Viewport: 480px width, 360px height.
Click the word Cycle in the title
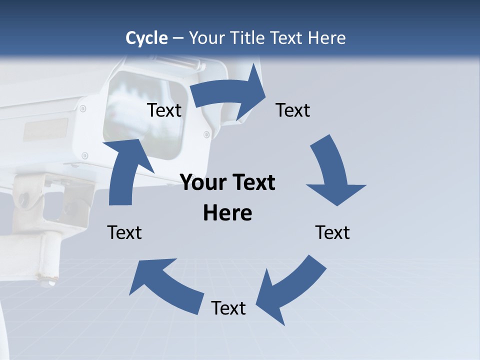(146, 38)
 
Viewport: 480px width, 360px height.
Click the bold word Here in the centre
(227, 213)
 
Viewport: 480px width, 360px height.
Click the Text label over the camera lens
(164, 110)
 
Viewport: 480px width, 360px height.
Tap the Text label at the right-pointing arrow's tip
(293, 110)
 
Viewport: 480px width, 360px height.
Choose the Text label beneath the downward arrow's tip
(332, 233)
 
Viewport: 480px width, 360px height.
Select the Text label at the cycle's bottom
(228, 308)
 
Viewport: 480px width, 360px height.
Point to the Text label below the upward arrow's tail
(124, 233)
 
